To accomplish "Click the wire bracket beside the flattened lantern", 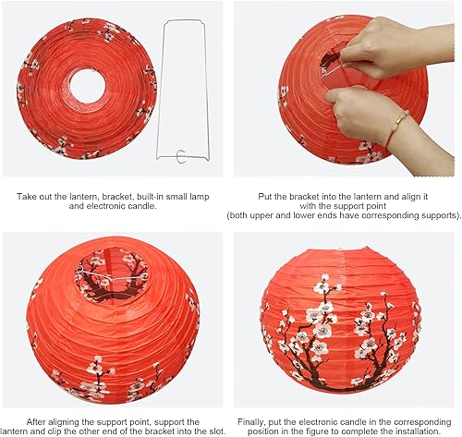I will point(190,92).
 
